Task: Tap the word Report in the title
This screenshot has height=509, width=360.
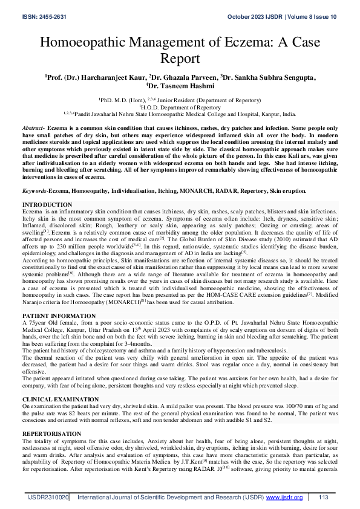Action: (x=180, y=59)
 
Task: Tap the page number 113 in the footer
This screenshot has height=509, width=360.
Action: (x=322, y=498)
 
